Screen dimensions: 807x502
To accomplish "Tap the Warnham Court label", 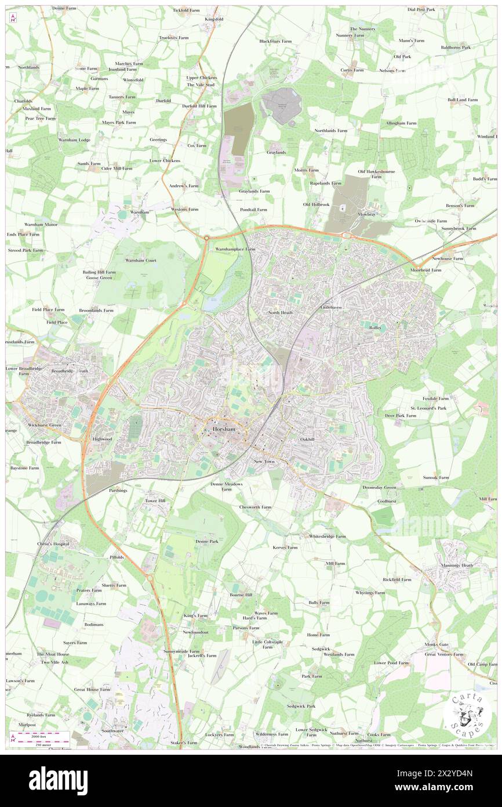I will (x=141, y=261).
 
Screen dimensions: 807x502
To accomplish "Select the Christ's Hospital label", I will (x=53, y=544).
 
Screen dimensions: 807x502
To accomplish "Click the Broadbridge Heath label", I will (x=70, y=371).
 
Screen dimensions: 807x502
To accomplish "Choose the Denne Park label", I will (x=207, y=541).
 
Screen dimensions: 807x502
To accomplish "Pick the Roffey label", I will (x=375, y=328).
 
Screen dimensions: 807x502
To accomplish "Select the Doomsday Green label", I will (x=379, y=488).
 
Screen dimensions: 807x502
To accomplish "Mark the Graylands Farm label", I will (x=254, y=191).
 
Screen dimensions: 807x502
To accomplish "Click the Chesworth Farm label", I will (x=255, y=507).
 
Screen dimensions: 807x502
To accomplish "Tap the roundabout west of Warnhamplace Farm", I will (x=206, y=237).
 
